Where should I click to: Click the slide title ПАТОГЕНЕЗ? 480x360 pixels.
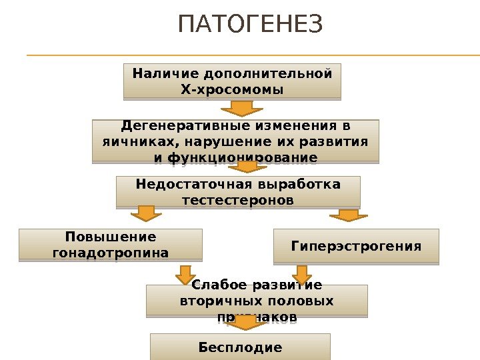click(250, 25)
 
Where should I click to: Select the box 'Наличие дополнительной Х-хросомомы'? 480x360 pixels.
click(232, 81)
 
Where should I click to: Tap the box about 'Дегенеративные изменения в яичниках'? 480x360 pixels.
click(235, 141)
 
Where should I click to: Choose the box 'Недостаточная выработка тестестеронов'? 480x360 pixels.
click(238, 191)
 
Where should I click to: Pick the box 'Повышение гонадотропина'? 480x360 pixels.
click(110, 245)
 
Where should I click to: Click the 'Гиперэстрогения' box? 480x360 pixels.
click(357, 247)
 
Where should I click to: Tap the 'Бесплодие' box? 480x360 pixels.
click(240, 347)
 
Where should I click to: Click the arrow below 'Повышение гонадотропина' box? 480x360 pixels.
click(185, 274)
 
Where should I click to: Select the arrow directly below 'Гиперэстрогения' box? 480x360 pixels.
click(302, 274)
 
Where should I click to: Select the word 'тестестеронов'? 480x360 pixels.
click(237, 200)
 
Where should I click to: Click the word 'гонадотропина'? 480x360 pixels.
click(110, 253)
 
